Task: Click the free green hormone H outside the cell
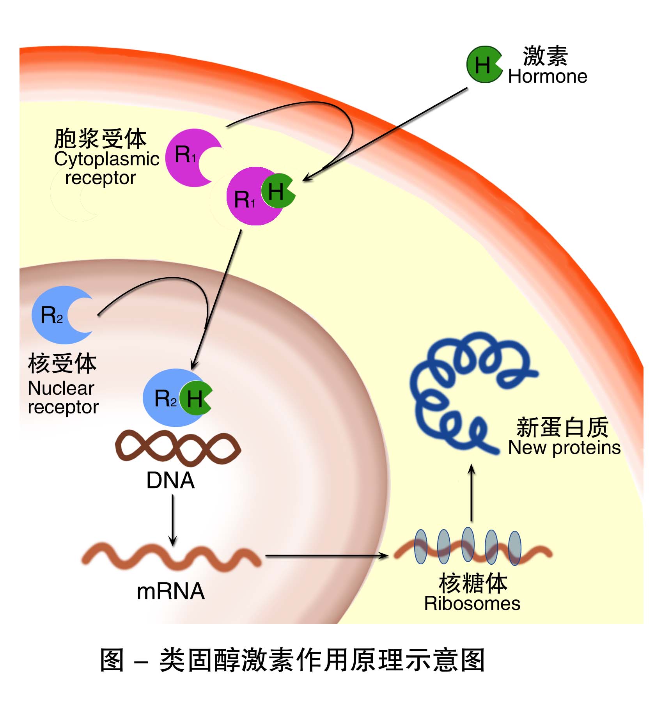pos(482,65)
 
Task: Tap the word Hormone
pos(547,76)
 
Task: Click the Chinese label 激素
pos(545,56)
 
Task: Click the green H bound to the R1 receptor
pos(276,191)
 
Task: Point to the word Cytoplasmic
pos(106,159)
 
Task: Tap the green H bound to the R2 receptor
pos(195,399)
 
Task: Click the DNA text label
pos(170,480)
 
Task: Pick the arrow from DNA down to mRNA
pos(173,521)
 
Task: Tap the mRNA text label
pos(170,591)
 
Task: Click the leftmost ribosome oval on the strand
pos(420,546)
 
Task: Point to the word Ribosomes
pos(472,604)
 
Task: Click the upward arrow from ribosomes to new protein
pos(472,493)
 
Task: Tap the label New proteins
pos(564,448)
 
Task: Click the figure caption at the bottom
pos(292,660)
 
